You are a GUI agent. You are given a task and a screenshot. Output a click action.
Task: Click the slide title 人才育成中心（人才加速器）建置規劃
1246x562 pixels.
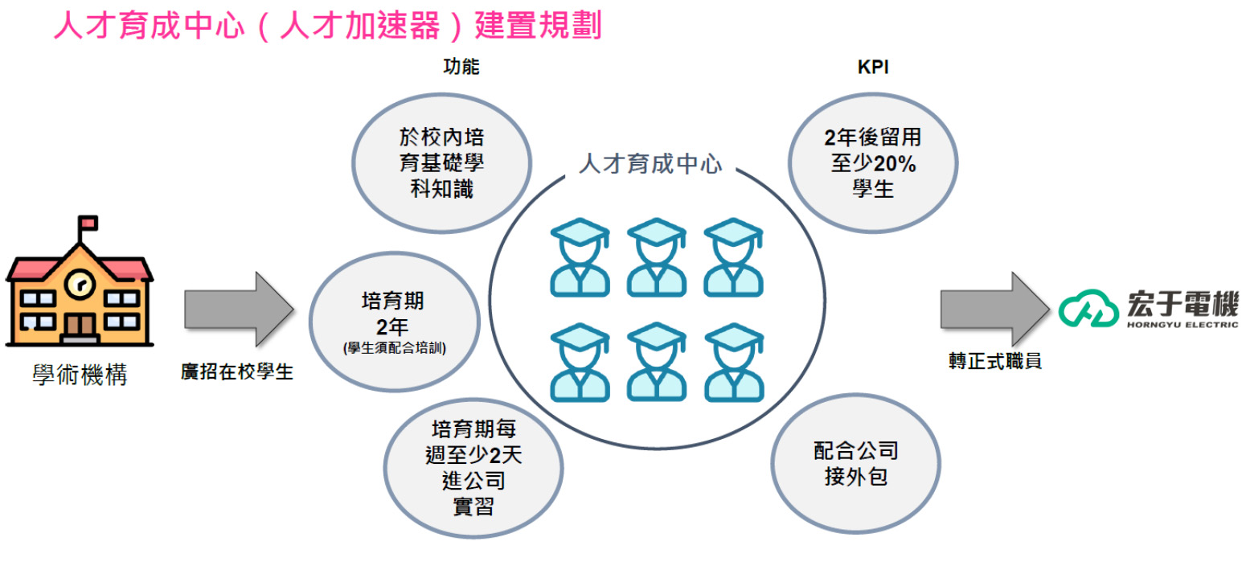pos(327,26)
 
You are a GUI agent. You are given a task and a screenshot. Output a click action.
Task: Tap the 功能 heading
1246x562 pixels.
pos(461,67)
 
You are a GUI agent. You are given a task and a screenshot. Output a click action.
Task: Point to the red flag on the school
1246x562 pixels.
pos(87,222)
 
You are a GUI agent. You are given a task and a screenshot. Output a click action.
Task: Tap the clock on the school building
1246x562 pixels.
pos(79,283)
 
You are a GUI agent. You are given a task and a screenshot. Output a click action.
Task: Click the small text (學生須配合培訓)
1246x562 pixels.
pos(394,348)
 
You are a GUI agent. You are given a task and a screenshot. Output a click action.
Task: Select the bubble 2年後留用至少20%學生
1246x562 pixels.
pos(873,164)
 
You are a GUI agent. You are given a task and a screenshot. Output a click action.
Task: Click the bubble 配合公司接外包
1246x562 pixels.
pos(855,462)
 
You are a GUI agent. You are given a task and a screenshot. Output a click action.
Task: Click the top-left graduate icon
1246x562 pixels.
pos(580,256)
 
